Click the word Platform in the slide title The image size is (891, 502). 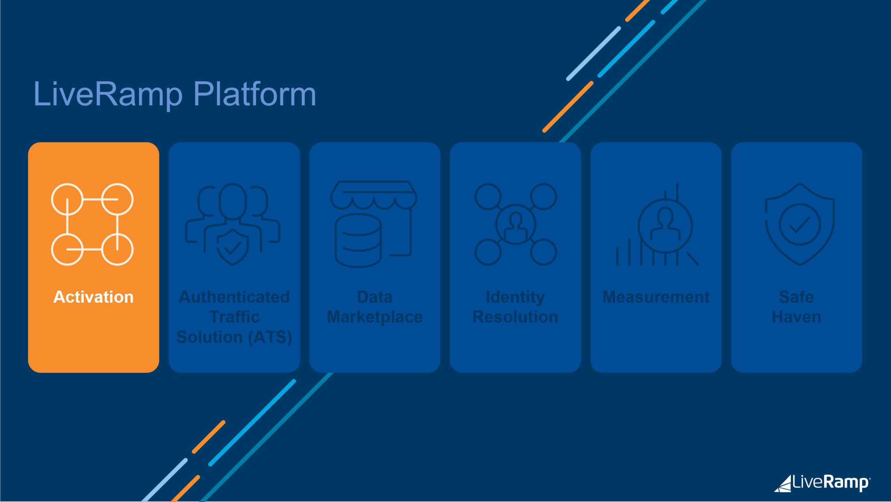pos(254,94)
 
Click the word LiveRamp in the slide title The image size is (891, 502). pos(108,95)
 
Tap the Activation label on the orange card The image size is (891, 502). pos(94,297)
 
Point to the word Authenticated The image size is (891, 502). pos(234,297)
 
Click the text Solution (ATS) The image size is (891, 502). pos(234,337)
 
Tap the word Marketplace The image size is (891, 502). pos(375,317)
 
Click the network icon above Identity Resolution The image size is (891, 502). pos(516,225)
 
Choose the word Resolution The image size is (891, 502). pos(515,317)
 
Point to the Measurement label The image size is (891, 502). pos(656,297)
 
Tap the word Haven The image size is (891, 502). pos(797,317)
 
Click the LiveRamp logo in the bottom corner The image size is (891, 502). pos(822,484)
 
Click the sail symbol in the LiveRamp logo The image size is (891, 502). pos(784,484)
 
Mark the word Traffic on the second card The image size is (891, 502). pos(235,317)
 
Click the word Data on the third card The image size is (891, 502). pos(375,297)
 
